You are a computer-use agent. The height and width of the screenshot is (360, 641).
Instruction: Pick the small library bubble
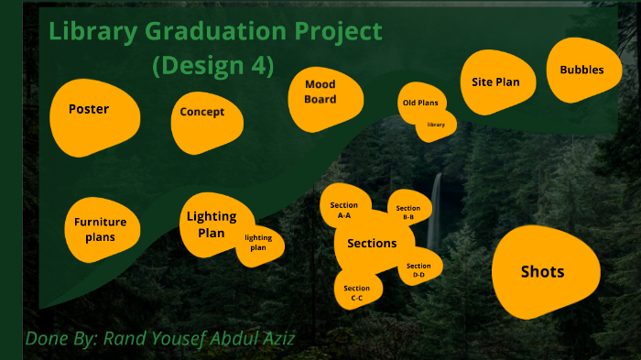click(x=437, y=125)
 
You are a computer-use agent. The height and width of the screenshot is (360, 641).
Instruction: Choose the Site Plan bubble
click(x=497, y=82)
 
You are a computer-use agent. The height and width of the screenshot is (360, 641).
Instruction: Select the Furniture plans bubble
click(x=101, y=226)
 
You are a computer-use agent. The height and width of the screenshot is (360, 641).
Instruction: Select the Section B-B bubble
click(x=409, y=211)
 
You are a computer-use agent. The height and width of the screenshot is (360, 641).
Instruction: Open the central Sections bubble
click(x=372, y=244)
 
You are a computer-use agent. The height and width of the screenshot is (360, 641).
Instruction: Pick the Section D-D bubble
click(x=418, y=268)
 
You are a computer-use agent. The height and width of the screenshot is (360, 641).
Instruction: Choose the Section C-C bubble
click(x=357, y=290)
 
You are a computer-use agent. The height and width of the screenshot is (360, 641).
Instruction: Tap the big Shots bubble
click(x=544, y=272)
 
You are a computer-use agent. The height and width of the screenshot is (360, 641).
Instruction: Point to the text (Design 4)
click(x=213, y=66)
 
